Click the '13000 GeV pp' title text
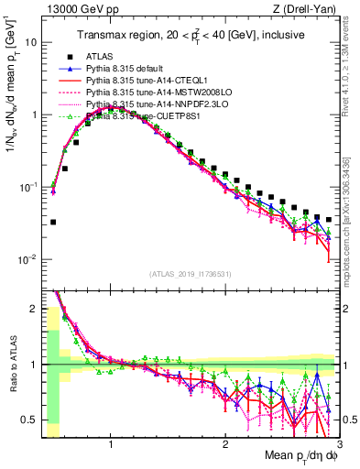coord(78,10)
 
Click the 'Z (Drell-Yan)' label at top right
coord(308,10)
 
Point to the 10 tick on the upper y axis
coord(32,42)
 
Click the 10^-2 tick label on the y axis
coord(27,259)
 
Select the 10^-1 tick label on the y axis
coord(27,187)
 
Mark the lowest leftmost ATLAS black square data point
coord(53,222)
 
